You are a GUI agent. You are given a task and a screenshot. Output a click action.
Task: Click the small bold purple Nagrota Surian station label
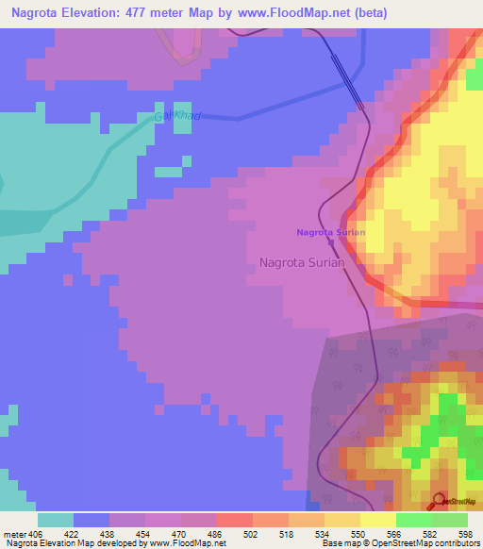pyautogui.click(x=330, y=232)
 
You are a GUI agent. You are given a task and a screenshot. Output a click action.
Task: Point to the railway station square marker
pyautogui.click(x=330, y=241)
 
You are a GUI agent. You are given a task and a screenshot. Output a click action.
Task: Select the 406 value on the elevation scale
pyautogui.click(x=29, y=533)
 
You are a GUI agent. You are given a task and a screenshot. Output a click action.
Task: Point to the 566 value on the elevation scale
pyautogui.click(x=395, y=533)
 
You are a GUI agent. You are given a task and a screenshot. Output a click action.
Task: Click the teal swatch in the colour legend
pyautogui.click(x=55, y=520)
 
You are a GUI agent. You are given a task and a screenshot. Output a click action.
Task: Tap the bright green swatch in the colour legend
pyautogui.click(x=413, y=520)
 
